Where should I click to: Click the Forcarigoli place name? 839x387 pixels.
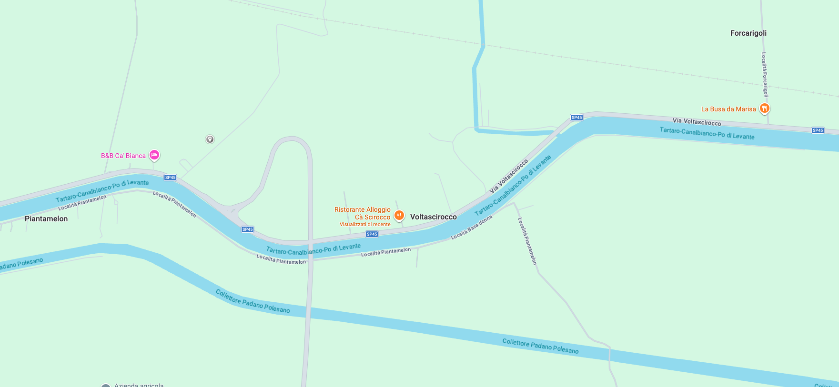tap(748, 33)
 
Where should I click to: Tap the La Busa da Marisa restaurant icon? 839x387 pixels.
tap(764, 109)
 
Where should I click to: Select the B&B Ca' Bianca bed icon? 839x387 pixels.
tap(154, 155)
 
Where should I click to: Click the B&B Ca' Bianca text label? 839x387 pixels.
tap(123, 156)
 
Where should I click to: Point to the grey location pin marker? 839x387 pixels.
tap(210, 139)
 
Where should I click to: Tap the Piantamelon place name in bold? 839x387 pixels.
tap(46, 218)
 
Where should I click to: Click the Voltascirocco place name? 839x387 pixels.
tap(433, 217)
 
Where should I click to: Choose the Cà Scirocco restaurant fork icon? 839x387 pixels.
tap(399, 215)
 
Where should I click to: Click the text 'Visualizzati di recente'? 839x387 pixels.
tap(365, 224)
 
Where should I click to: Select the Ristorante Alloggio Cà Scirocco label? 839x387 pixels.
tap(363, 213)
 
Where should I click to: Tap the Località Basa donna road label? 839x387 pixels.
tap(472, 228)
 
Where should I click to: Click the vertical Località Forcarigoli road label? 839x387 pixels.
tap(764, 75)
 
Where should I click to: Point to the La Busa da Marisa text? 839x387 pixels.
tap(728, 109)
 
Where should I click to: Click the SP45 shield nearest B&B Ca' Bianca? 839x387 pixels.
tap(170, 178)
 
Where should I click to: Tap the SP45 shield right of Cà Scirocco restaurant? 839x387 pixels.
tap(372, 234)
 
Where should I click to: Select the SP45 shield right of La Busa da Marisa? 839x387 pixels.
tap(818, 130)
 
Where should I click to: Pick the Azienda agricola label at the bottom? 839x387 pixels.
tap(139, 385)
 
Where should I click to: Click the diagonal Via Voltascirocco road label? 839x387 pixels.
tap(509, 176)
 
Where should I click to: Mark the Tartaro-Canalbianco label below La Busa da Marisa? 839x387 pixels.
tap(707, 133)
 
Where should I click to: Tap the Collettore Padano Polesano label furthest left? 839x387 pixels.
tap(21, 263)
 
